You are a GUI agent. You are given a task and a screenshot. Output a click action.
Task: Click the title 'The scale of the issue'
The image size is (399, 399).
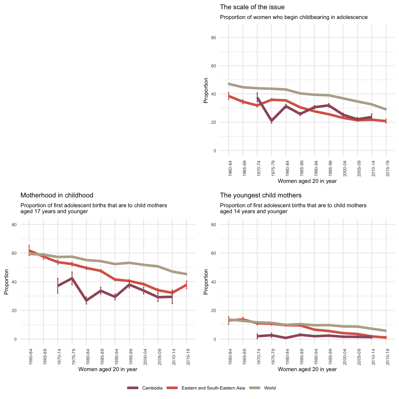pos(252,7)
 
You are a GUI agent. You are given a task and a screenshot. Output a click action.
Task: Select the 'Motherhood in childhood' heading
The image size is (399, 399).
pos(57,195)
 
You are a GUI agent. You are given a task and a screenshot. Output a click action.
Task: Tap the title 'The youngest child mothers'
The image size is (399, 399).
pos(261,195)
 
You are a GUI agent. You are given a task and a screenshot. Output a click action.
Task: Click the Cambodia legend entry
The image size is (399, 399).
pos(152,388)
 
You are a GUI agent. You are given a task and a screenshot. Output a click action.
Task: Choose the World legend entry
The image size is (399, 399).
pos(270,388)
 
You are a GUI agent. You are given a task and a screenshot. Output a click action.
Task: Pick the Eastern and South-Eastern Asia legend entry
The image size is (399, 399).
pos(213,388)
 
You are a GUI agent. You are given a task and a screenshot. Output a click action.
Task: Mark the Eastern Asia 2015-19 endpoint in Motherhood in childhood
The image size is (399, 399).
pos(186,284)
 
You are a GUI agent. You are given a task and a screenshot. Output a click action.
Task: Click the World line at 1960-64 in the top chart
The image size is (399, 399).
pos(229,84)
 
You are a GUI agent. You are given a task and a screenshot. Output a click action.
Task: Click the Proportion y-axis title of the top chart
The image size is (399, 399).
pos(206,90)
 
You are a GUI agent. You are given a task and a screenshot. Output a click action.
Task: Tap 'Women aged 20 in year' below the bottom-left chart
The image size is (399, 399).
pos(107,369)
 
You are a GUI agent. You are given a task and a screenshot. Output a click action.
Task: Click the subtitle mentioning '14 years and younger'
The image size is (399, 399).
pos(293,208)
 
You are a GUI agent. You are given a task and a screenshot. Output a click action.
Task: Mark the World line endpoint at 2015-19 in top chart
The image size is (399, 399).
pos(386,109)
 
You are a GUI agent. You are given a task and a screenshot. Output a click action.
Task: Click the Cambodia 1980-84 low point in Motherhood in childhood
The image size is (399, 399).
pos(86,301)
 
